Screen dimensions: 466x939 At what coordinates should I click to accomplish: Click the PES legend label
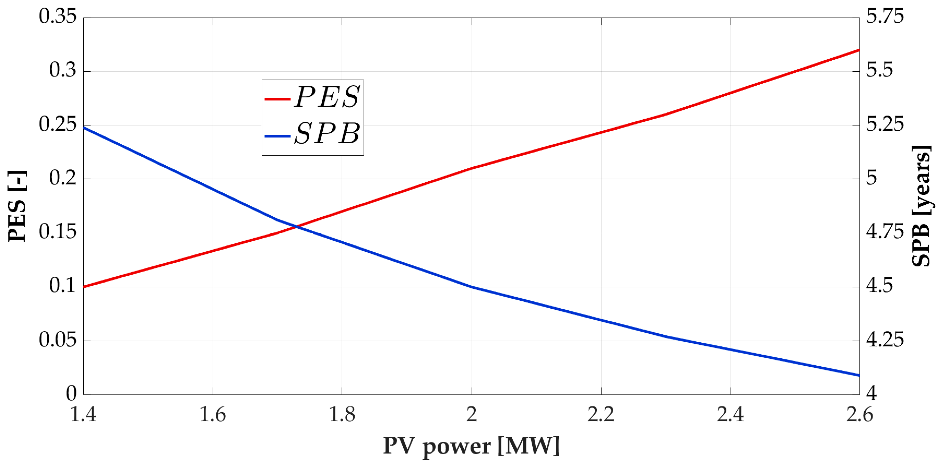click(x=327, y=97)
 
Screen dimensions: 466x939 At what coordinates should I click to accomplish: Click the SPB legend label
click(x=327, y=134)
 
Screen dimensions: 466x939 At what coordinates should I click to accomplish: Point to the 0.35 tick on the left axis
click(x=58, y=16)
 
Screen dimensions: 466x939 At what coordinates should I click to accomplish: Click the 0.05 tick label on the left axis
click(x=58, y=340)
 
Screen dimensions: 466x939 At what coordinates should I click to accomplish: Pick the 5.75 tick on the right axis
click(x=885, y=16)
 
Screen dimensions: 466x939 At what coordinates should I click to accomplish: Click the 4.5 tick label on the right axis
click(x=879, y=286)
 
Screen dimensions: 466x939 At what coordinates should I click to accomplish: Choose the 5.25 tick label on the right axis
click(x=885, y=124)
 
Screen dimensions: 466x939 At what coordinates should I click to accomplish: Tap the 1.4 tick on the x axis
click(x=83, y=415)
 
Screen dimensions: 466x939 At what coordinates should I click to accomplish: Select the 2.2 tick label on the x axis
click(x=601, y=415)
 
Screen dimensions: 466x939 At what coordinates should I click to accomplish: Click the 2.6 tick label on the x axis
click(x=859, y=415)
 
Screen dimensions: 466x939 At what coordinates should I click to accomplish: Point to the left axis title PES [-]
click(x=17, y=206)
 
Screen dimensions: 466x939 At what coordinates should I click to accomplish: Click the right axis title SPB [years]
click(x=921, y=206)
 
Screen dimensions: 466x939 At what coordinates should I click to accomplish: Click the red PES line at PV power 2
click(x=472, y=168)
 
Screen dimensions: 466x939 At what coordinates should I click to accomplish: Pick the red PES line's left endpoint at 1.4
click(x=84, y=287)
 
